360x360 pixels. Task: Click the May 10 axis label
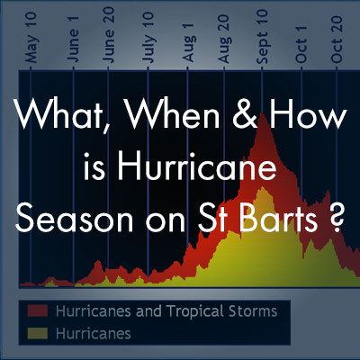tap(31, 38)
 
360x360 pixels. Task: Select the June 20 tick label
tap(109, 35)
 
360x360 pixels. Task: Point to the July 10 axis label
tap(148, 38)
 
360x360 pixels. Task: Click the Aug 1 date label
tap(188, 42)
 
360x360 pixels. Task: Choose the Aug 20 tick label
tap(224, 39)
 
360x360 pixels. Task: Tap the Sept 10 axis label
tap(262, 36)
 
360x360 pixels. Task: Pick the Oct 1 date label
tap(301, 44)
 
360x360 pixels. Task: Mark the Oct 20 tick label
tap(337, 39)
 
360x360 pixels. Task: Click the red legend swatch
tap(38, 310)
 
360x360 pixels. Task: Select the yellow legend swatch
tap(38, 333)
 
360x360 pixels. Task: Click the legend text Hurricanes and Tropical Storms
tap(166, 311)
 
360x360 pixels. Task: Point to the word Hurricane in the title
tap(197, 166)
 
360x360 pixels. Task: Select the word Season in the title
tap(75, 217)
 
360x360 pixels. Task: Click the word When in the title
tap(174, 115)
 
